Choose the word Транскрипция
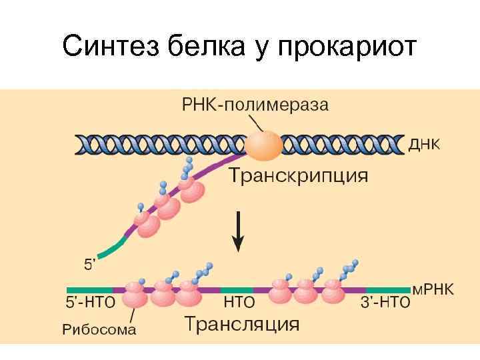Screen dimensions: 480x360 (298, 176)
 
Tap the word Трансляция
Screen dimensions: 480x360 (241, 325)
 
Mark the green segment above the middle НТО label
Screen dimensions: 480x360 (237, 290)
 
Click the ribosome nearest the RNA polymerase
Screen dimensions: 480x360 (193, 190)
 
